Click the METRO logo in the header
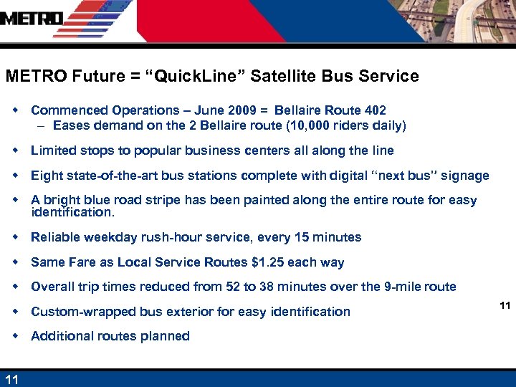(32, 19)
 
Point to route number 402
(374, 110)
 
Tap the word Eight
(46, 176)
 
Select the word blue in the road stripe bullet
(101, 201)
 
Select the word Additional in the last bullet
(60, 336)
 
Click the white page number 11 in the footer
(12, 379)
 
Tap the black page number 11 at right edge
(505, 306)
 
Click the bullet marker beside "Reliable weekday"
(16, 236)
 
